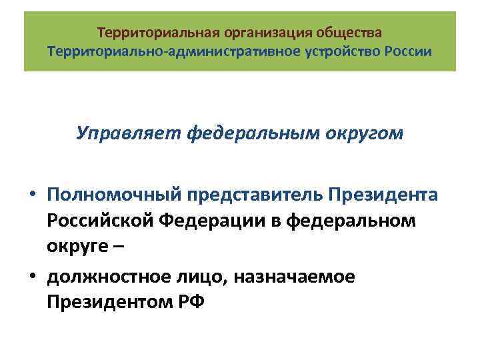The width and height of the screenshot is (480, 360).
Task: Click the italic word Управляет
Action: (128, 133)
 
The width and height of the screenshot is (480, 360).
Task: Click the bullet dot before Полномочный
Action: (33, 195)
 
